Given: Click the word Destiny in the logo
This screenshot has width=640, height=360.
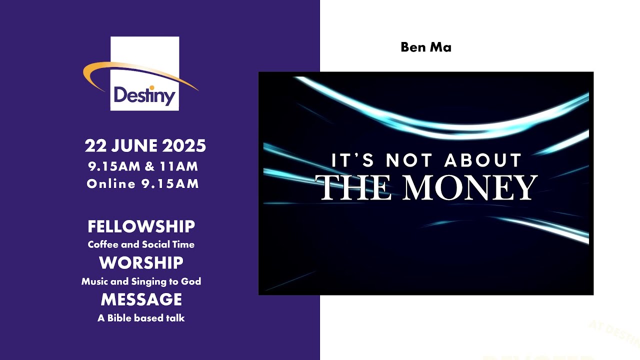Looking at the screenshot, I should (144, 94).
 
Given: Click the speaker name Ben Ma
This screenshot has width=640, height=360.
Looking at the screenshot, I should (426, 47).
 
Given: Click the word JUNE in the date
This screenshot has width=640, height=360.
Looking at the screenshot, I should (134, 146).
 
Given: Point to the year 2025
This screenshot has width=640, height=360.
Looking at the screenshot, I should (184, 146).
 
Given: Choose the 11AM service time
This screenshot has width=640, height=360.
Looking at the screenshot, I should (178, 166).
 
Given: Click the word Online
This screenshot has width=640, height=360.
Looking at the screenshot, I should (111, 184).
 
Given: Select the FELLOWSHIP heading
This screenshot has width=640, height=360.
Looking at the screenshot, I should (141, 226).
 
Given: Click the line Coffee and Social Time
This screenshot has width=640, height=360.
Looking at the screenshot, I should (141, 244).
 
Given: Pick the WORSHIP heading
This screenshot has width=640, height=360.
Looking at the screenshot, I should (141, 263).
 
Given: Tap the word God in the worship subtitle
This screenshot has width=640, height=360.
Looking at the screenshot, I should (191, 281).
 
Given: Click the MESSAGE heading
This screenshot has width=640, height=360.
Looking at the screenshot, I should (141, 299).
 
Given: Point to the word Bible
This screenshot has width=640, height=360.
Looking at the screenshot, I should (118, 318).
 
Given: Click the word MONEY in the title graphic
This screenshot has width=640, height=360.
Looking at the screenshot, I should (470, 187).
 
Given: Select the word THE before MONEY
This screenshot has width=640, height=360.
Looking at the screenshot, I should (354, 187).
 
